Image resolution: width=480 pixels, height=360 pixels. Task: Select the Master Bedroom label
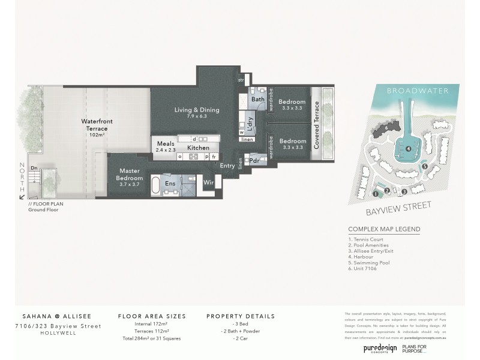pyautogui.click(x=129, y=174)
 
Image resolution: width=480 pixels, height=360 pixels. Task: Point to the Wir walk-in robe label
pyautogui.click(x=209, y=182)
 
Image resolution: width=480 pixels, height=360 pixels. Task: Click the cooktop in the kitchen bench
pyautogui.click(x=194, y=157)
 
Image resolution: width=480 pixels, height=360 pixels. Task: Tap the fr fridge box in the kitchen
pyautogui.click(x=214, y=157)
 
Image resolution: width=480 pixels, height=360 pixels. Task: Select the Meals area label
pyautogui.click(x=166, y=144)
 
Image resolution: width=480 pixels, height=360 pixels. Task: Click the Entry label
pyautogui.click(x=227, y=166)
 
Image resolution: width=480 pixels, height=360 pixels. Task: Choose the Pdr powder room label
pyautogui.click(x=254, y=161)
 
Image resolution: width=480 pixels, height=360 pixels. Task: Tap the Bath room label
pyautogui.click(x=258, y=99)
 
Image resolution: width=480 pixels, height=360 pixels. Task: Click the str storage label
pyautogui.click(x=241, y=79)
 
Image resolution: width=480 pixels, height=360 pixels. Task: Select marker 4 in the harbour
pyautogui.click(x=408, y=149)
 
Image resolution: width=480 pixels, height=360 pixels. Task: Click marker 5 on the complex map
pyautogui.click(x=425, y=166)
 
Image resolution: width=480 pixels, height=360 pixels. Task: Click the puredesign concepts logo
pyautogui.click(x=380, y=349)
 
